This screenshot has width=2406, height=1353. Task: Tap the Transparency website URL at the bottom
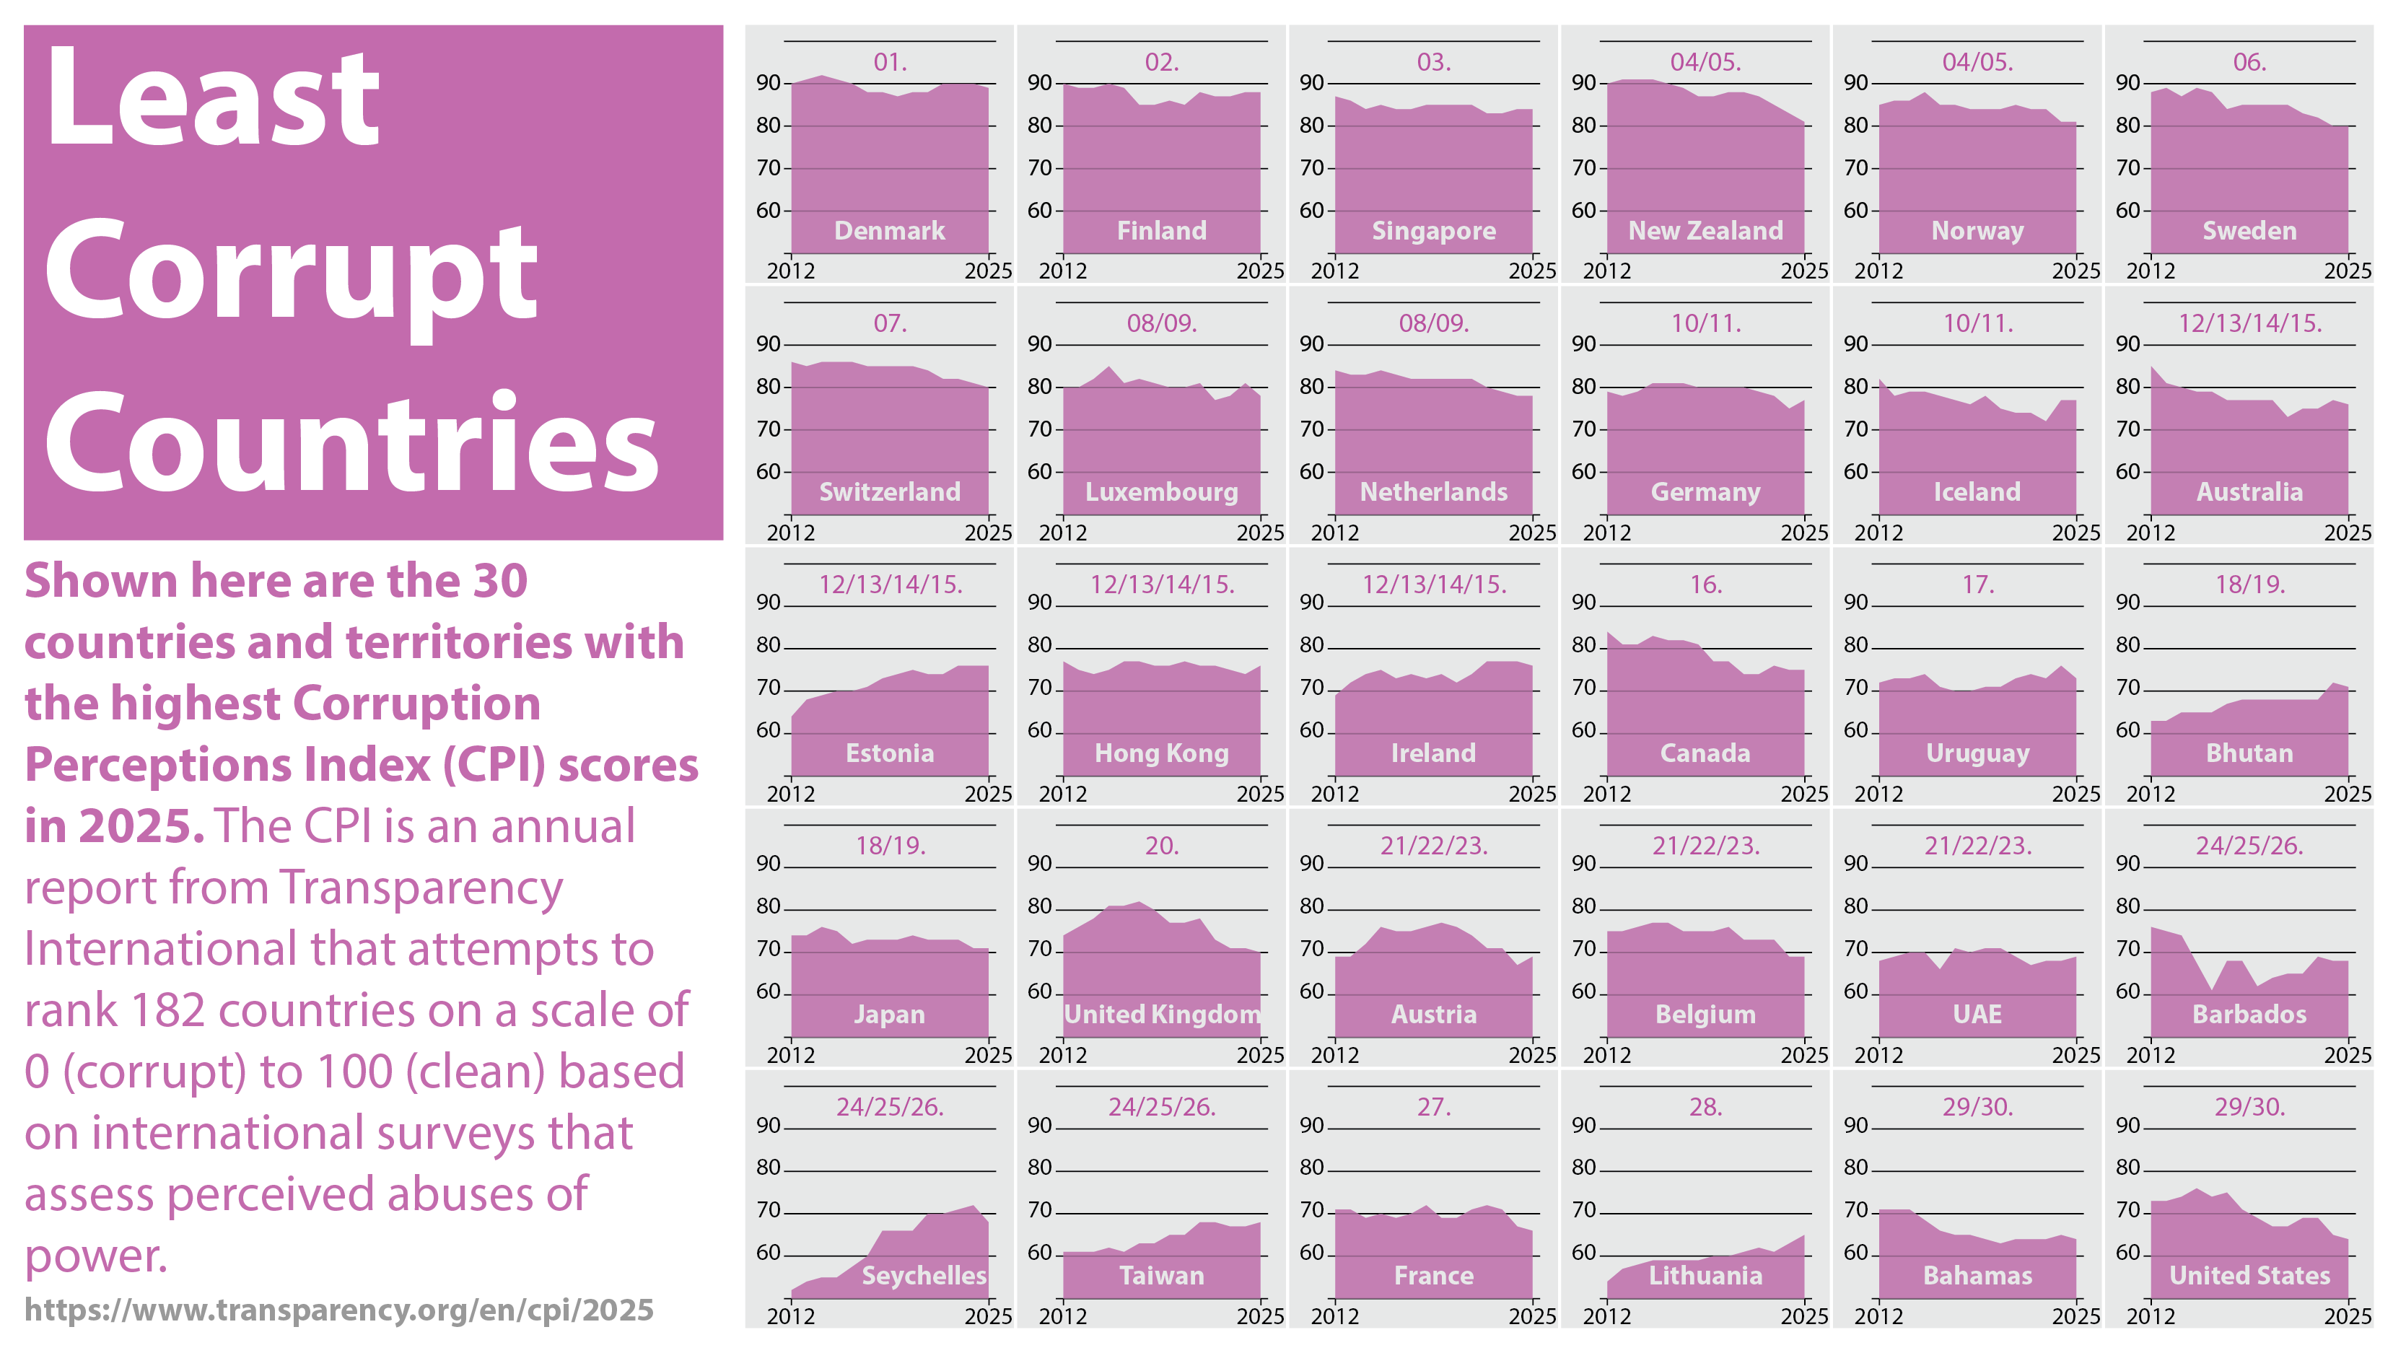[x=338, y=1310]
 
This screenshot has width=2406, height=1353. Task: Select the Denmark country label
[x=889, y=231]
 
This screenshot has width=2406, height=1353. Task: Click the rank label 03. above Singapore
[x=1434, y=63]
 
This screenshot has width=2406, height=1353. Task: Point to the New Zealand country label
[x=1705, y=231]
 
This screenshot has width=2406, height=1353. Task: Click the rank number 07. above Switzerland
[x=889, y=324]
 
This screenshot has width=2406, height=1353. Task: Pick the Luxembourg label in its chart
[x=1161, y=492]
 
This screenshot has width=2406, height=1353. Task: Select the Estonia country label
[x=889, y=753]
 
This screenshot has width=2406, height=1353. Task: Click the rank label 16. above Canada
[x=1705, y=585]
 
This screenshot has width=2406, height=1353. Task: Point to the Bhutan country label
[x=2249, y=753]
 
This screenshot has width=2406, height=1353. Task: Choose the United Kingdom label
[x=1162, y=1015]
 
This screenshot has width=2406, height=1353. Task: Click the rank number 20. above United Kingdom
[x=1161, y=846]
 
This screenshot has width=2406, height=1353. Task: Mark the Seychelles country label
[x=924, y=1276]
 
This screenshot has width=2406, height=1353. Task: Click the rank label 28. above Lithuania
[x=1705, y=1108]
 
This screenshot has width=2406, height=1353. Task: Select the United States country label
[x=2249, y=1276]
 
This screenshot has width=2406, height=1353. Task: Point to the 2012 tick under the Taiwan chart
[x=1063, y=1317]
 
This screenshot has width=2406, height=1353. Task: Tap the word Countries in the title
[x=352, y=444]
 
